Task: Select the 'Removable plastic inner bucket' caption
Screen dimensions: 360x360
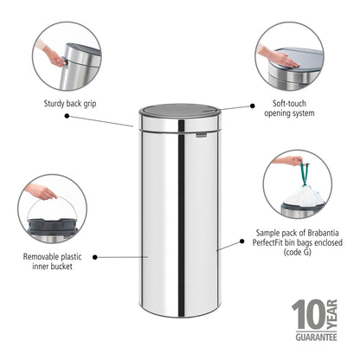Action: tap(52, 261)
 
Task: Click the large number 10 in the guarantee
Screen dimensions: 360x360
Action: tap(306, 316)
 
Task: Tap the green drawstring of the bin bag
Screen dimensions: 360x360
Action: tap(304, 173)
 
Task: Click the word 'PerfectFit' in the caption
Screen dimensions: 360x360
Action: tap(279, 243)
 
